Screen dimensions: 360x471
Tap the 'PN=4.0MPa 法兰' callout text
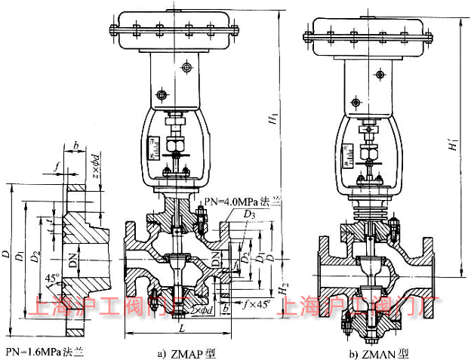click(x=242, y=201)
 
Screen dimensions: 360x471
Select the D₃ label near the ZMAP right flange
click(x=248, y=217)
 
